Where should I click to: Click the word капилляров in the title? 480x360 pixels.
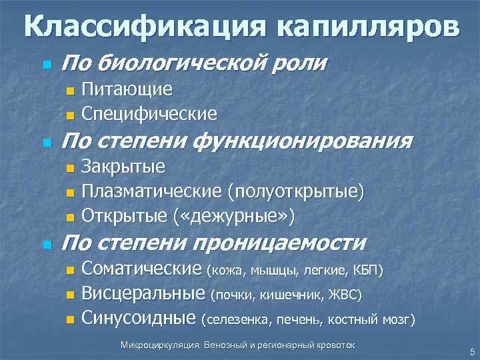[365, 27]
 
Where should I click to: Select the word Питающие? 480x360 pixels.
[127, 89]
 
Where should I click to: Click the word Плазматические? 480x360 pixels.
[151, 192]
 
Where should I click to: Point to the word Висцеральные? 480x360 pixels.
[143, 293]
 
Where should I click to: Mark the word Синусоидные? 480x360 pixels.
[138, 318]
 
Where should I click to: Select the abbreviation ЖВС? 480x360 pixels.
[346, 295]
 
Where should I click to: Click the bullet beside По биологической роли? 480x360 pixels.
[46, 65]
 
